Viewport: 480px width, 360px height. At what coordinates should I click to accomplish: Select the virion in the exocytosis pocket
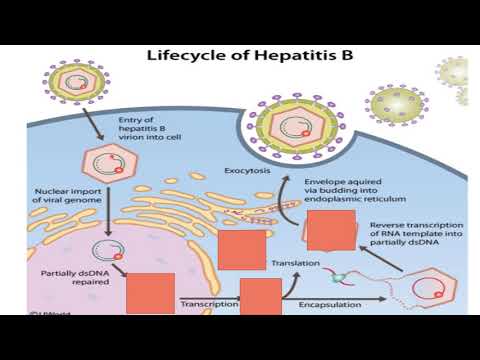288,127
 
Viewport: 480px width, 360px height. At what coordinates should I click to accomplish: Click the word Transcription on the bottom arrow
209,302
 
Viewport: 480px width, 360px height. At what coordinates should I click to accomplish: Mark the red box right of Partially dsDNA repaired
149,294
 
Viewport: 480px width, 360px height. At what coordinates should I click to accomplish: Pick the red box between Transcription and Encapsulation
261,299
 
